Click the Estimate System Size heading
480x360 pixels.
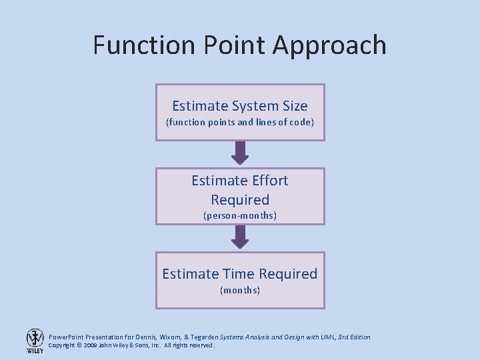[240, 106]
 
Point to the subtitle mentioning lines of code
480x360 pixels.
[240, 123]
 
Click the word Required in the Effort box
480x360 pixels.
[240, 199]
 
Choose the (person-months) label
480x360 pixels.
[240, 216]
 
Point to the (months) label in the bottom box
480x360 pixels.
[240, 291]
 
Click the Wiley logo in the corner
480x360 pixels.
[35, 340]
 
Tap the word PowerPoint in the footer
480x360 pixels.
[66, 337]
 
